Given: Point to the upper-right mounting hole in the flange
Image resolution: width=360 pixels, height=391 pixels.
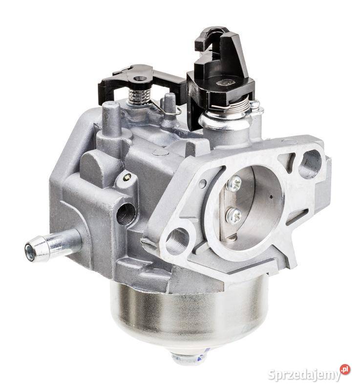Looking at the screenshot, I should (310, 163).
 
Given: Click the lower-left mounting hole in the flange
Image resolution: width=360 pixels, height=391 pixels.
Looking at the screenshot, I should (177, 239).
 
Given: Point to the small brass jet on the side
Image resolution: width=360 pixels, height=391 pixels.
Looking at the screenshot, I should (127, 177).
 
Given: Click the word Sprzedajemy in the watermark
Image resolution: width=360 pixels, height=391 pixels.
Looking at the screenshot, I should (304, 375).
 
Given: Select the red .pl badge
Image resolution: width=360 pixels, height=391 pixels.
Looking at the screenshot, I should (345, 369).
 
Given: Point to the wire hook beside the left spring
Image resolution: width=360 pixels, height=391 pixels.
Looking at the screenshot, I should (166, 110).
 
